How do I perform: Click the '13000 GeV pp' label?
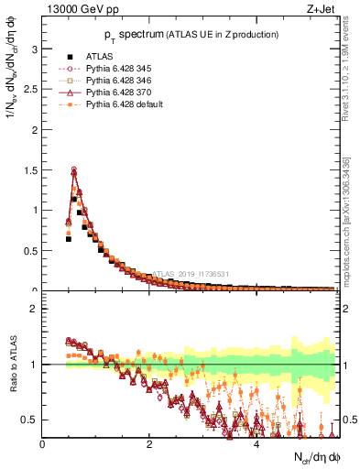[x=71, y=11]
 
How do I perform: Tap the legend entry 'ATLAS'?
[x=99, y=55]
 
